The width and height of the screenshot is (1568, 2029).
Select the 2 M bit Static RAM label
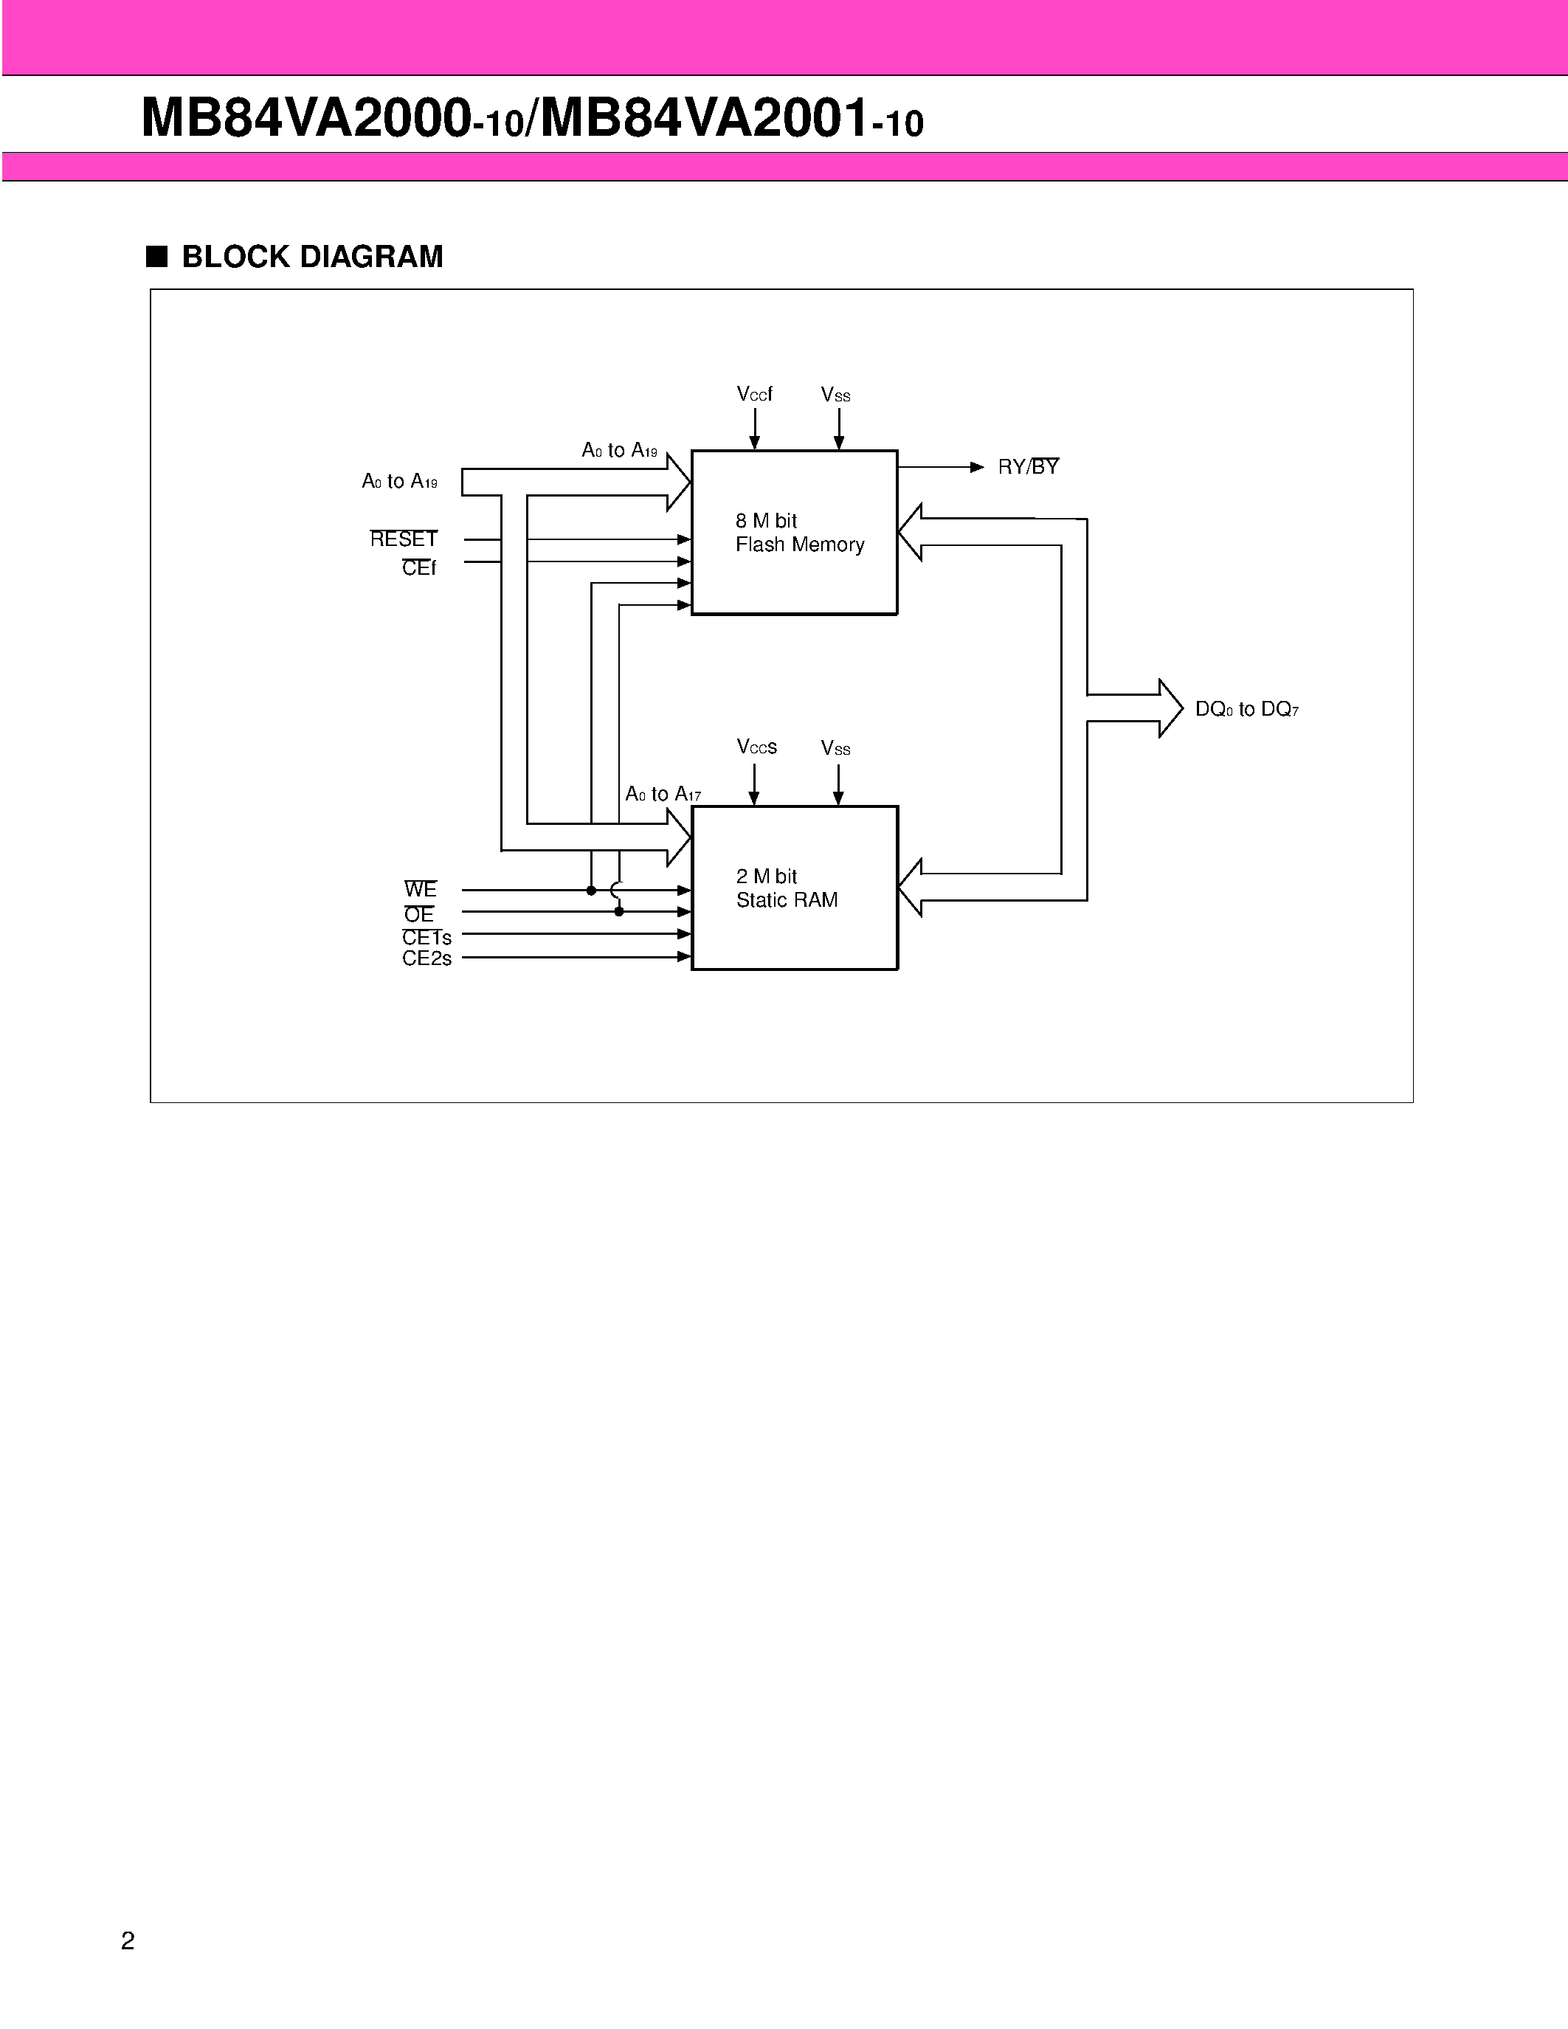(786, 888)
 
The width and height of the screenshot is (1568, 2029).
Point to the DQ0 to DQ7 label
(1246, 710)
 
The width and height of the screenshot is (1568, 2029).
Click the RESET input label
(403, 539)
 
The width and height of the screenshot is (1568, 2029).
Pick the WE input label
(420, 889)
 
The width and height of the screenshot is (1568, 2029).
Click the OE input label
(419, 914)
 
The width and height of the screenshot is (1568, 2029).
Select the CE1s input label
(426, 937)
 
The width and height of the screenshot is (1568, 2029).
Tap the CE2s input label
(426, 958)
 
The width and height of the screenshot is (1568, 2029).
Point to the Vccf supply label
(754, 394)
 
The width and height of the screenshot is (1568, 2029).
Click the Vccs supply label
(756, 747)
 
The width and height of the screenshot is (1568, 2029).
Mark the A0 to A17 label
(663, 795)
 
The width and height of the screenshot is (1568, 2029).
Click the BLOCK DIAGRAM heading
(312, 257)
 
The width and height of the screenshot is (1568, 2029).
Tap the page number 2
(128, 1940)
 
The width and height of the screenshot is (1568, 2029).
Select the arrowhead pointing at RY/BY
(976, 467)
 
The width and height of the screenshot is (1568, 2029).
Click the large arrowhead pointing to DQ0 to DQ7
(1170, 709)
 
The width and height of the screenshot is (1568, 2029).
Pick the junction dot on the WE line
(592, 890)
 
